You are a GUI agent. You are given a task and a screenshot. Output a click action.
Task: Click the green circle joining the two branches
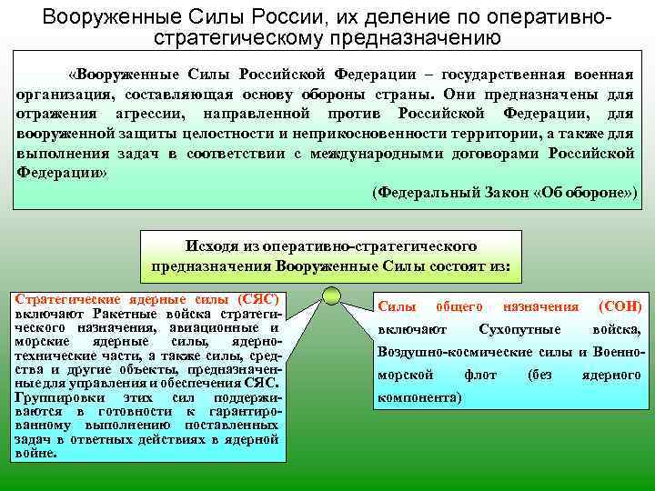[331, 295]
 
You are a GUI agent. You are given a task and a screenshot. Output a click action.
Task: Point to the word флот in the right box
[479, 375]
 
